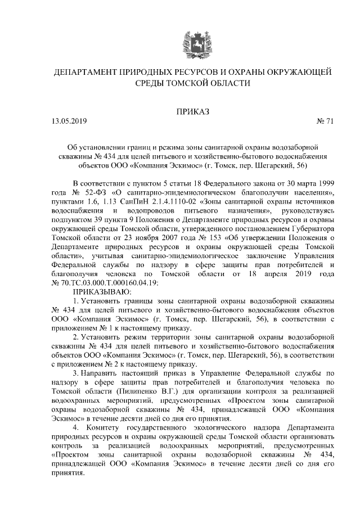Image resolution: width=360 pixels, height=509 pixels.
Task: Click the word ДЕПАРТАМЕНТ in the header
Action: coord(85,73)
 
